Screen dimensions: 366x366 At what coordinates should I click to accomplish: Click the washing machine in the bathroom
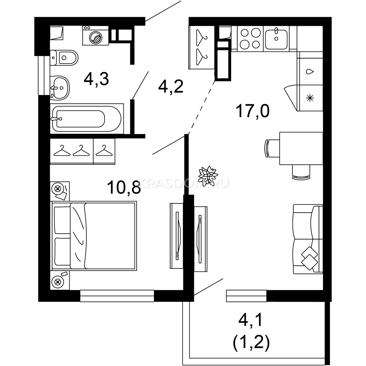tap(95, 35)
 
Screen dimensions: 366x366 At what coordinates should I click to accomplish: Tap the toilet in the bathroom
tap(64, 58)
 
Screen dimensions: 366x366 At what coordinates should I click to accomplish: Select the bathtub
tap(87, 119)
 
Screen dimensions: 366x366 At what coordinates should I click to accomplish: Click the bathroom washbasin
tap(60, 88)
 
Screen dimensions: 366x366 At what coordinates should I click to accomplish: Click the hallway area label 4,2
tap(171, 86)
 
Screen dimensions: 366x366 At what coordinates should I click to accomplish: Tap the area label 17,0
tap(253, 111)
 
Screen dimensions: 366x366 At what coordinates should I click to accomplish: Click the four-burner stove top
tap(250, 39)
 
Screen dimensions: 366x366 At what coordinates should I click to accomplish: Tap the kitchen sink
tap(276, 39)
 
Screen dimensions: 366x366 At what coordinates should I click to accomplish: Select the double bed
tap(94, 236)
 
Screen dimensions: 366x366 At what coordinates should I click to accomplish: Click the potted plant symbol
tap(208, 176)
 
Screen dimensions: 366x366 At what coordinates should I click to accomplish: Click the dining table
tap(301, 148)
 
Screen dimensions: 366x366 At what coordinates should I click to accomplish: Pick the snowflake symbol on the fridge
tap(310, 98)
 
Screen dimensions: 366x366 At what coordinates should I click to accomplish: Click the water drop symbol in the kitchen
tap(310, 72)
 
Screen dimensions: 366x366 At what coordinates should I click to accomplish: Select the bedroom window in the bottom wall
tap(117, 296)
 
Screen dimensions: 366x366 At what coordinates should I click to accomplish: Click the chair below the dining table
tap(301, 172)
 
